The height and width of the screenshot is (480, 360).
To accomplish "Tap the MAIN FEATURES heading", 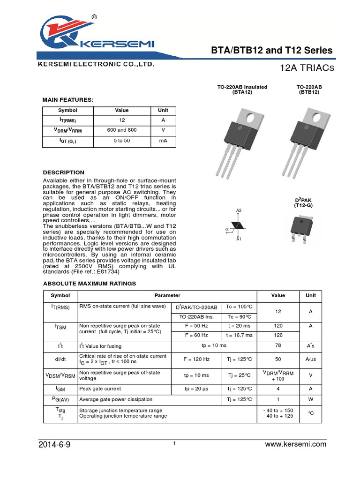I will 68,100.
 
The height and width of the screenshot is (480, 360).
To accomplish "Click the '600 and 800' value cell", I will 121,130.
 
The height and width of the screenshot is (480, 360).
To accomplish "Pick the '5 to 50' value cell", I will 121,141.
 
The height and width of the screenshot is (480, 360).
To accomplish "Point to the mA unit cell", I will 163,141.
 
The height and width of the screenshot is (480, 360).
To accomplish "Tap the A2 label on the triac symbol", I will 239,210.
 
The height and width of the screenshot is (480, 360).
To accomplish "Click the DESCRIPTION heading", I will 64,172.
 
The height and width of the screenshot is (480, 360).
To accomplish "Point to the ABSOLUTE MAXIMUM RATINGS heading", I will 90,284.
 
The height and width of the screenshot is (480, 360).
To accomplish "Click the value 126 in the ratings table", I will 278,335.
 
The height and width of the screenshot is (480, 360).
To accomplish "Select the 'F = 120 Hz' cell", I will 196,359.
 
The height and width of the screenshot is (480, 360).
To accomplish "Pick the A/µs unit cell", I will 311,359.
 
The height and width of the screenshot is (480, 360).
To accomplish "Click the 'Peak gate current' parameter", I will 100,389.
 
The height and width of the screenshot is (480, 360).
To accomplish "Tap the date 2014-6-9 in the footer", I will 54,445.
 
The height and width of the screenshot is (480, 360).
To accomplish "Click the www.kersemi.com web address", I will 295,445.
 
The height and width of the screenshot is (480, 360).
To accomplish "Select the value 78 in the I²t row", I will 278,346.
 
